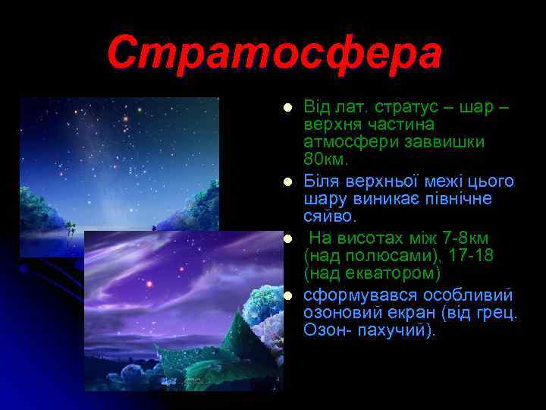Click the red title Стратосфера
[x=273, y=54]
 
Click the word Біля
[x=322, y=181]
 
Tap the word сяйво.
[x=328, y=217]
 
